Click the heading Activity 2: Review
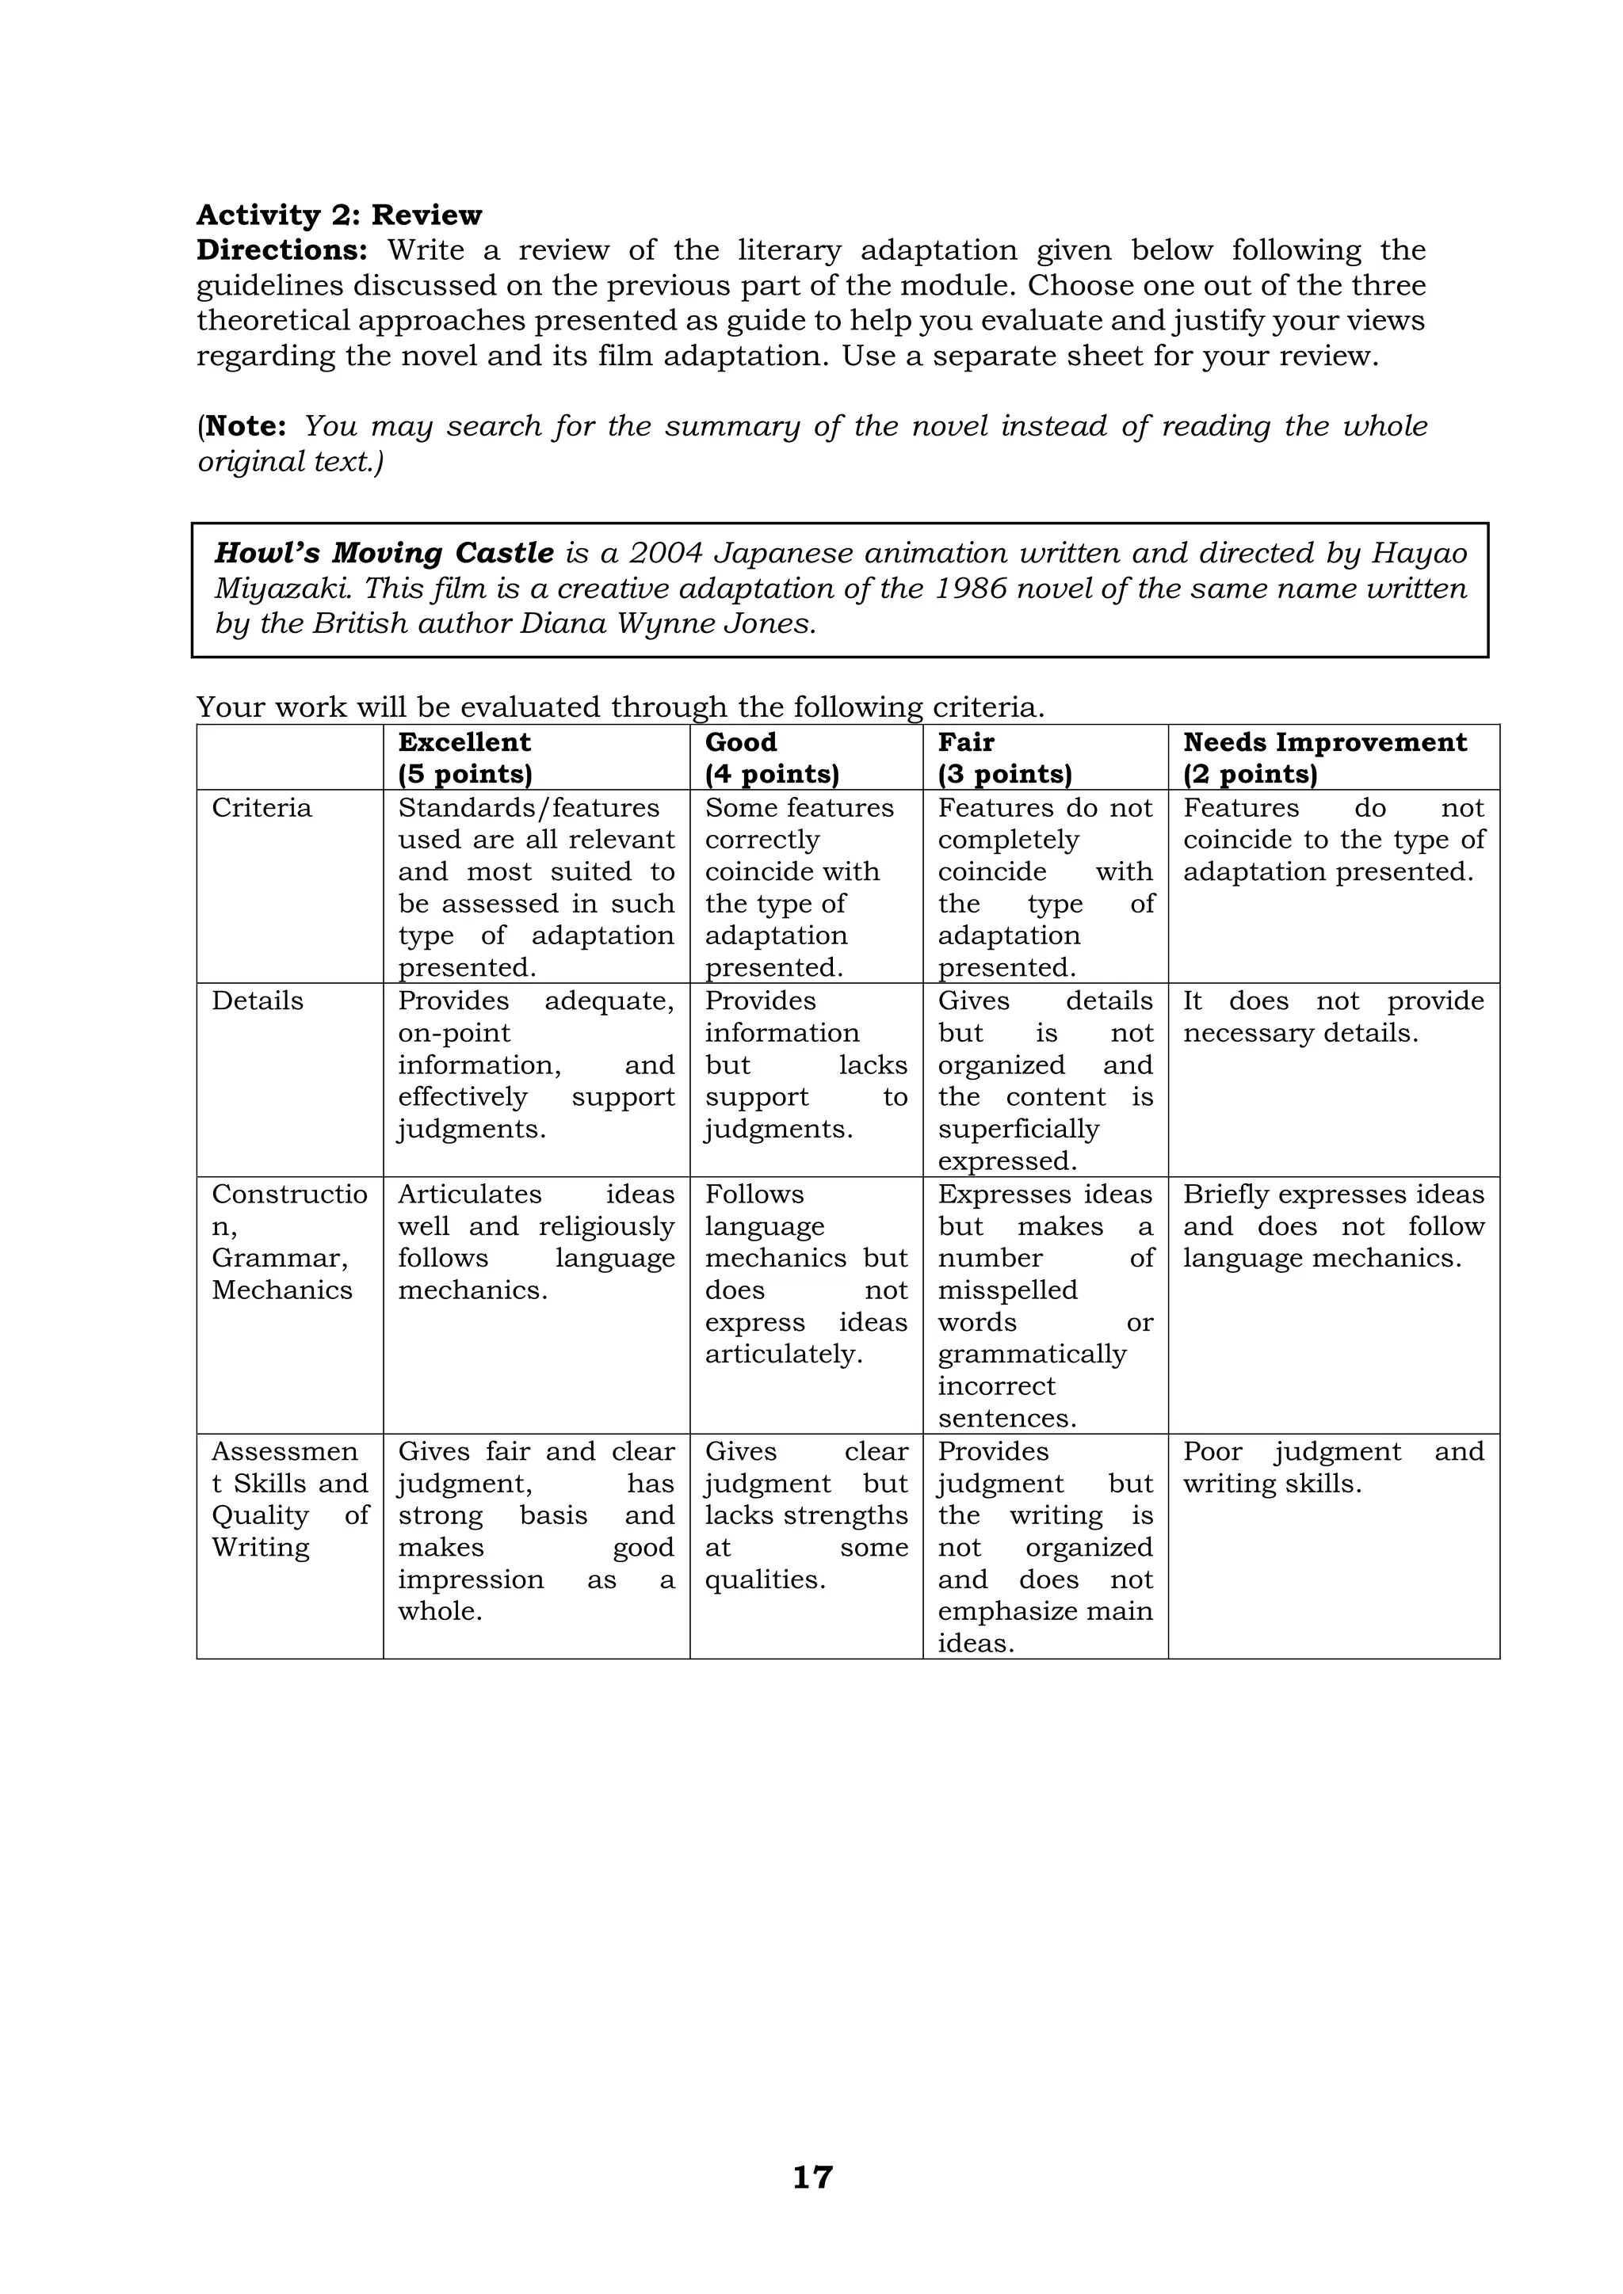pyautogui.click(x=339, y=215)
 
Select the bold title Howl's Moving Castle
pyautogui.click(x=384, y=553)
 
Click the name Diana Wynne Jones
pyautogui.click(x=666, y=623)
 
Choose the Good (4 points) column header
pyautogui.click(x=772, y=758)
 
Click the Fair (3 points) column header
pyautogui.click(x=1004, y=758)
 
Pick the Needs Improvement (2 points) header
pyautogui.click(x=1324, y=758)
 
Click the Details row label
pyautogui.click(x=258, y=1001)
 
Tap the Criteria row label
pyautogui.click(x=262, y=808)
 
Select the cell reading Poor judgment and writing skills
pyautogui.click(x=1333, y=1468)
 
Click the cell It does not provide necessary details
pyautogui.click(x=1333, y=1017)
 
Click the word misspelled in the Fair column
pyautogui.click(x=1007, y=1291)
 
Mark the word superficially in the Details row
pyautogui.click(x=1018, y=1129)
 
